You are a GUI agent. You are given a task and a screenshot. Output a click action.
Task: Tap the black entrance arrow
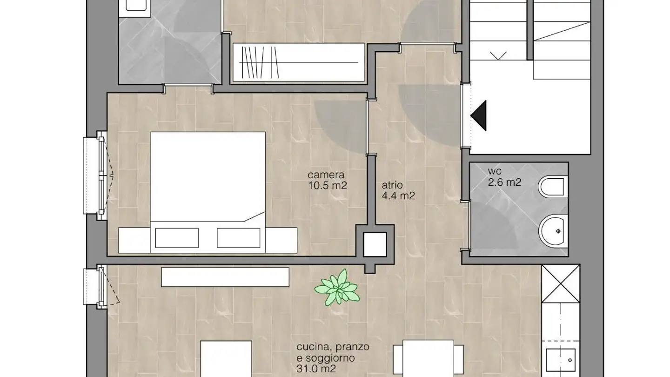(480, 115)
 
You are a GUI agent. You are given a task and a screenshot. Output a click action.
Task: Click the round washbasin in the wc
(554, 230)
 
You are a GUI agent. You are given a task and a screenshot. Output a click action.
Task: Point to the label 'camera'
(326, 175)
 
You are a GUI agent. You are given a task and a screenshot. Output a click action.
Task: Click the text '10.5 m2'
(328, 186)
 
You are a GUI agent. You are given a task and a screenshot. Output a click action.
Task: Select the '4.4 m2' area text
(398, 196)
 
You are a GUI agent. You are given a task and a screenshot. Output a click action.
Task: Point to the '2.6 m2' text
(504, 182)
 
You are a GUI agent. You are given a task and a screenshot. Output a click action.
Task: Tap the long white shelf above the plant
(225, 277)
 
